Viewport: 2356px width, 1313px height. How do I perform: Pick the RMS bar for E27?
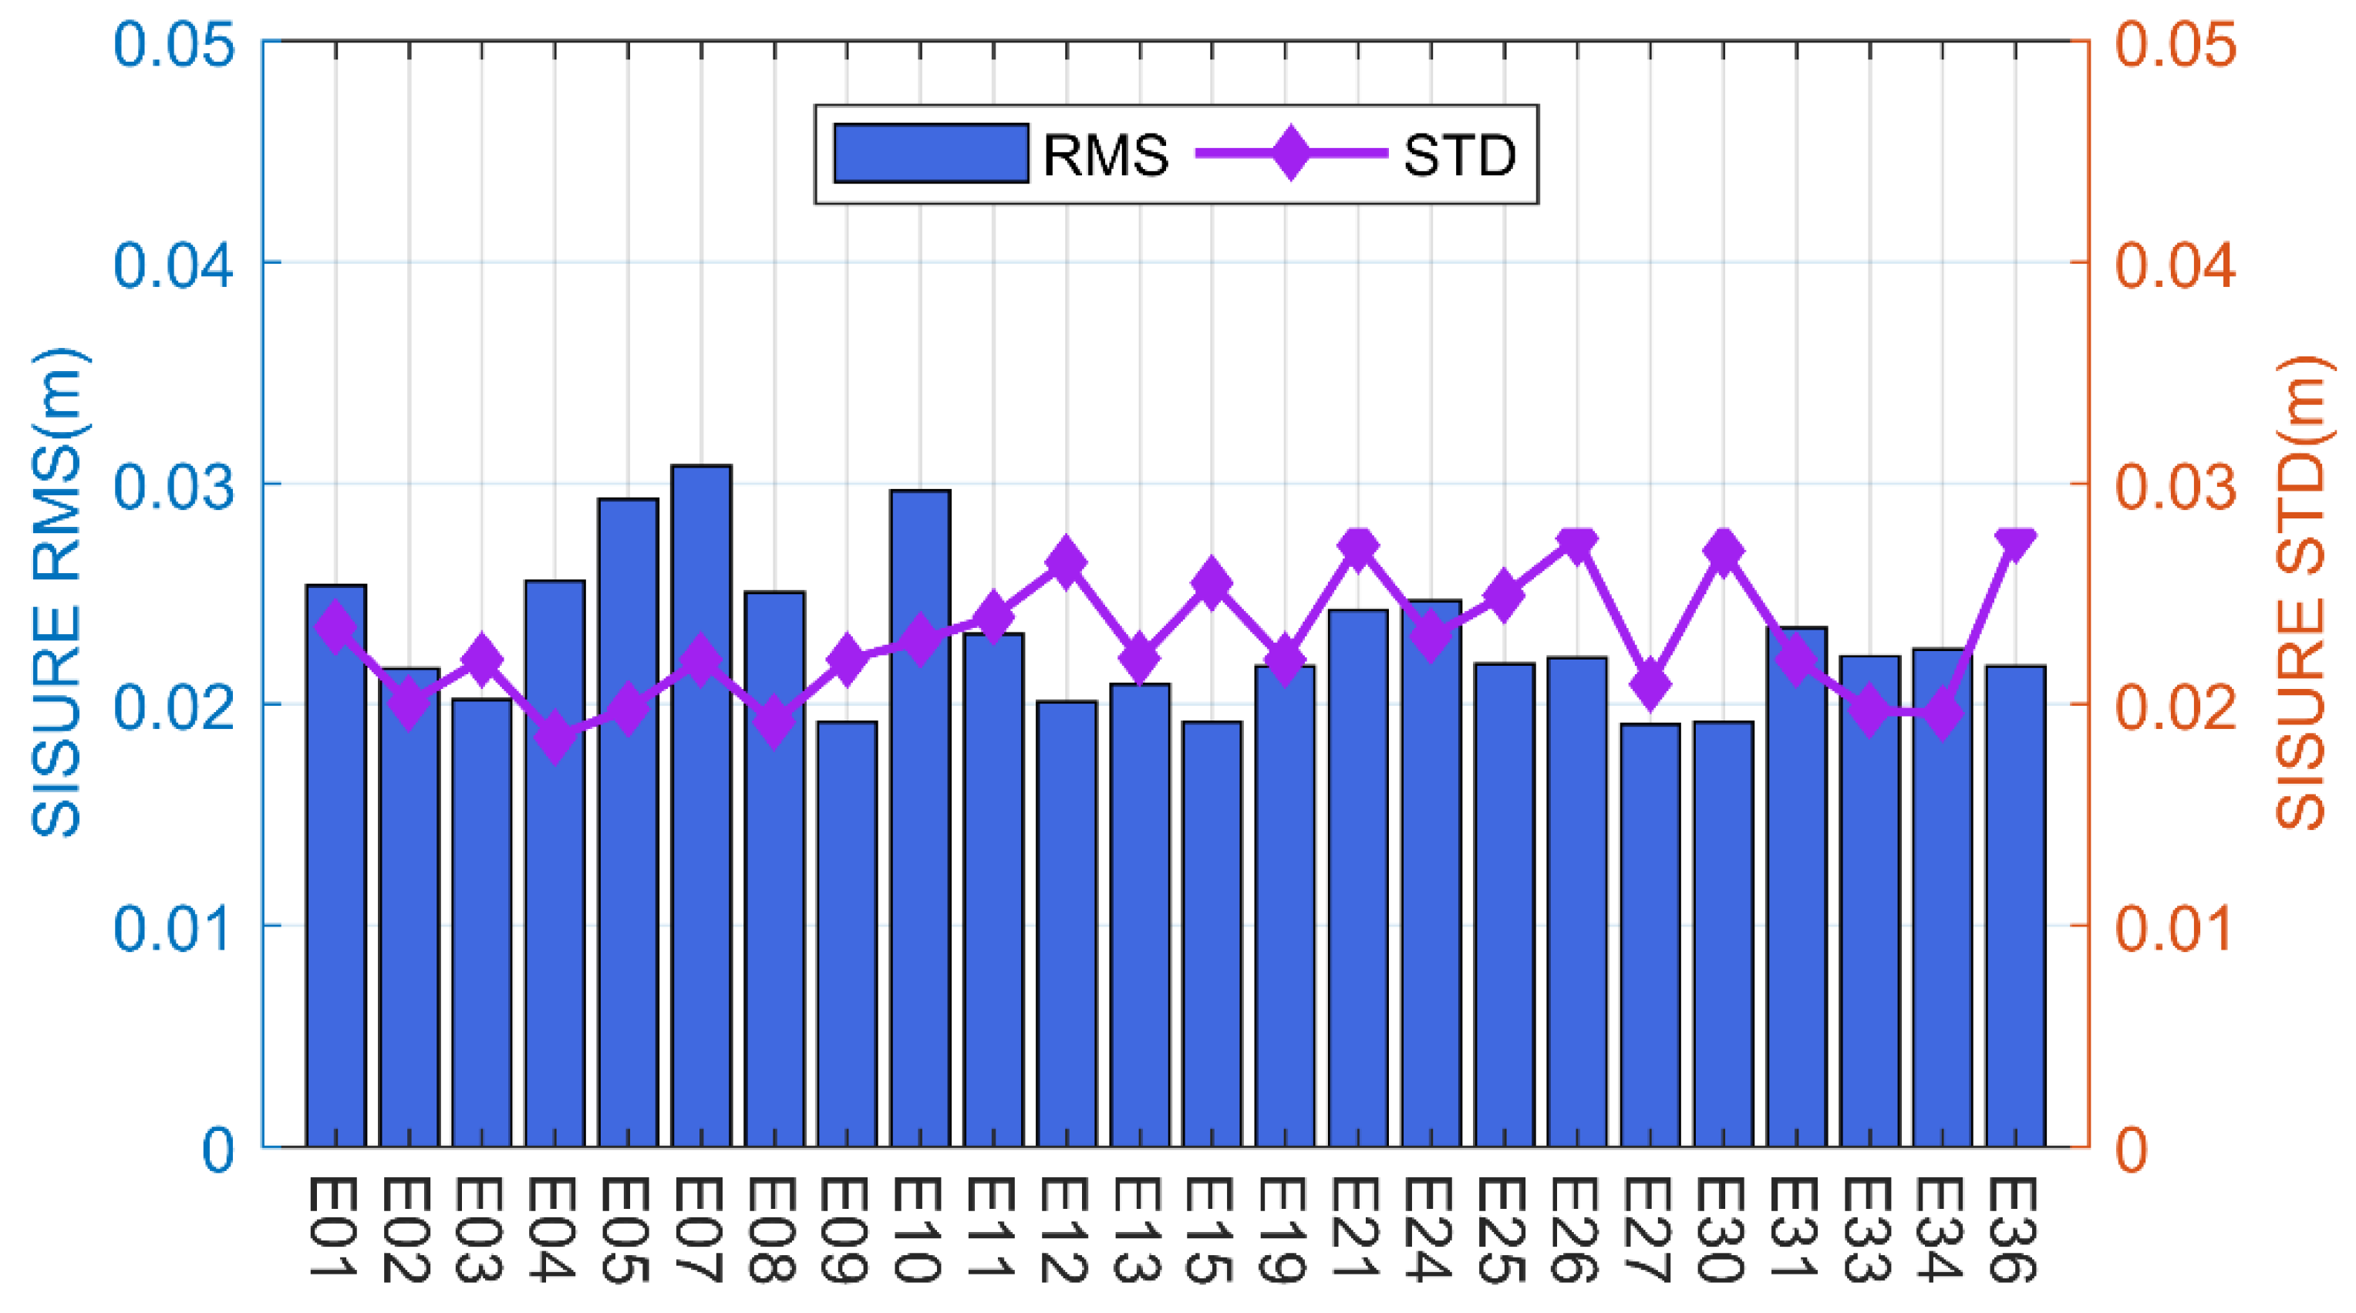point(1650,934)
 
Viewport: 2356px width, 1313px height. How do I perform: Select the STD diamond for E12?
point(1066,562)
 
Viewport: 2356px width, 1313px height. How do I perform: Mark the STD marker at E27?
point(1650,684)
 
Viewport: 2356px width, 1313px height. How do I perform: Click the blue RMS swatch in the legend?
point(931,154)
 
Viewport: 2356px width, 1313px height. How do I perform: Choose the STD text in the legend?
point(1460,156)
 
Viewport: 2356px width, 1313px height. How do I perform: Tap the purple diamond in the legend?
point(1290,154)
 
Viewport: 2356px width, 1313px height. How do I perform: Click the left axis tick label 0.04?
point(173,264)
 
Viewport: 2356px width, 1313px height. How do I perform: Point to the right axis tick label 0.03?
point(2176,485)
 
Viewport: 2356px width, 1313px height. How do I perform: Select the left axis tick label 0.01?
point(173,927)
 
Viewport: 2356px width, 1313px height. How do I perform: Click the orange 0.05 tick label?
point(2176,43)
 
